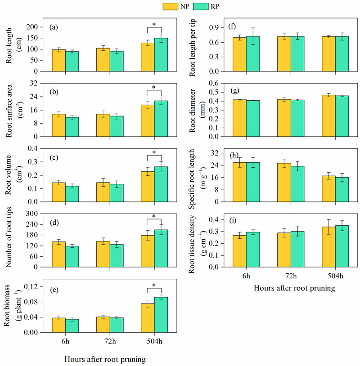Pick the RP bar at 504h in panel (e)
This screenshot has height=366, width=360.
coord(161,315)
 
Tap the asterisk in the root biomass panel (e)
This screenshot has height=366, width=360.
coord(154,286)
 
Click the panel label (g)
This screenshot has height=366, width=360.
coord(234,91)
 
